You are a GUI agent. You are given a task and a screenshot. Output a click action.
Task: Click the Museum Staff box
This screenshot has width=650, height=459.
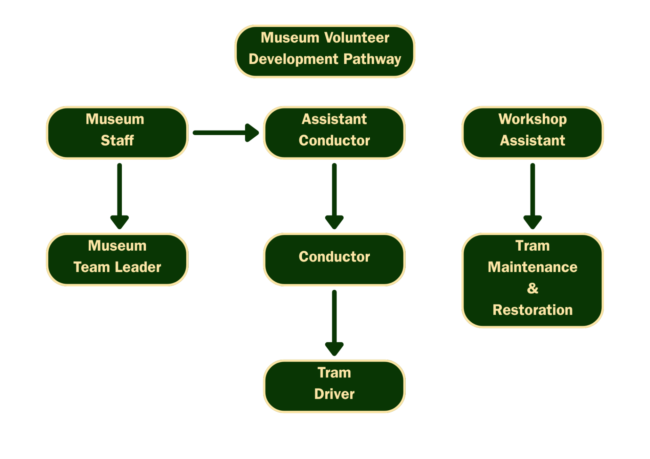117,133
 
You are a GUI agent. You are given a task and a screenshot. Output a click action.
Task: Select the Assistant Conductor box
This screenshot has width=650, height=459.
334,133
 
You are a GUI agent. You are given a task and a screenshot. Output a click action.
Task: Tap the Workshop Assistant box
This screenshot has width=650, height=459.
532,133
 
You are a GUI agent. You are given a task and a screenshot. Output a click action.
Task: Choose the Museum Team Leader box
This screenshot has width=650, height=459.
117,259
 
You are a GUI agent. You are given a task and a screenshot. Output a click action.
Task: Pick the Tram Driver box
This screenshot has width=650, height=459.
334,386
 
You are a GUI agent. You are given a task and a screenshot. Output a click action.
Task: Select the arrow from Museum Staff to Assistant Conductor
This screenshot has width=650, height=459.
225,133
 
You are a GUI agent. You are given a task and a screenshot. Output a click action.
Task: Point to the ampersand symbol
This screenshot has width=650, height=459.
533,289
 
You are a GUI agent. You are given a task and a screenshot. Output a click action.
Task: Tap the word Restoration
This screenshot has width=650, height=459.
533,310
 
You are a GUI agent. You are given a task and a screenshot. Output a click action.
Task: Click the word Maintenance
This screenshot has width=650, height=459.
533,267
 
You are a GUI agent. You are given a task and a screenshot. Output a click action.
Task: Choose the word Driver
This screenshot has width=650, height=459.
334,394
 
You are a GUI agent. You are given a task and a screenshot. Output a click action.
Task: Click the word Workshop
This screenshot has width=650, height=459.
533,119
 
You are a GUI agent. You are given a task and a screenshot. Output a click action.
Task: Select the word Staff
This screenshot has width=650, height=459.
117,140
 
